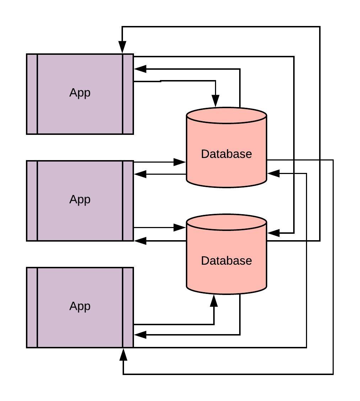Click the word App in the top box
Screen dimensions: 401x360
[80, 93]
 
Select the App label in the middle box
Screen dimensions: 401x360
[80, 200]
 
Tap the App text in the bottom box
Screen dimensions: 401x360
[80, 306]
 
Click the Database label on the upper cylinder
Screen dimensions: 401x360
[226, 154]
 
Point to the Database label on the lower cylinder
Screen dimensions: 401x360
[226, 261]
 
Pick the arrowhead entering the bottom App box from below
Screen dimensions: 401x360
[123, 354]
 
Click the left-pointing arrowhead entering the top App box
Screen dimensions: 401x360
[140, 69]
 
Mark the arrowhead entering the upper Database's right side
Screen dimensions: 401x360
[274, 173]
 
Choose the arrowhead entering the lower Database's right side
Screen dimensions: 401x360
[274, 233]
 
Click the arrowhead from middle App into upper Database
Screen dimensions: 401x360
[179, 162]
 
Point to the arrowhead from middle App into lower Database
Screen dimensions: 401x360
[179, 227]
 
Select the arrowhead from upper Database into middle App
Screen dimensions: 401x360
[140, 174]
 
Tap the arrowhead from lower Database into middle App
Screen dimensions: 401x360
[140, 241]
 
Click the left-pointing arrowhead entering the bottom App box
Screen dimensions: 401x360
[140, 334]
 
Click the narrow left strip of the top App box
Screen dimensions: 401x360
[32, 94]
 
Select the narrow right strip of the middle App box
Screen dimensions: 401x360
[128, 201]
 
